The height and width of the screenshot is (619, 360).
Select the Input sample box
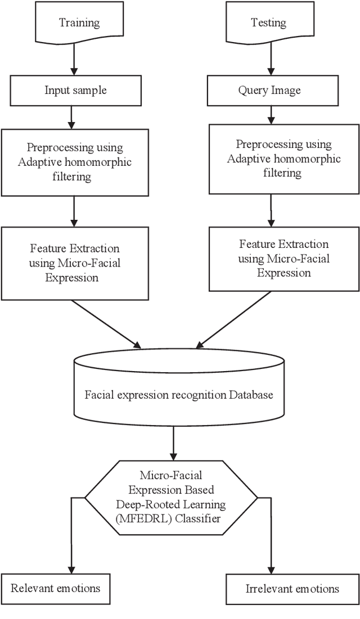coord(75,90)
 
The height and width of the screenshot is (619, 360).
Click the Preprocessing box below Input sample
coord(75,162)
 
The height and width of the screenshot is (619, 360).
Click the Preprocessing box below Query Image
coord(283,159)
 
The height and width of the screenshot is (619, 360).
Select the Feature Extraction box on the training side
coord(75,263)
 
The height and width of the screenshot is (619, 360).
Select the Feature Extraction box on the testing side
coord(283,258)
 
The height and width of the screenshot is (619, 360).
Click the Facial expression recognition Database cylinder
coord(179,395)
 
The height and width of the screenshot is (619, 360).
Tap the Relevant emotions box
coord(55,589)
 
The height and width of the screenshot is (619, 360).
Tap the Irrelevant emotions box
coord(292,589)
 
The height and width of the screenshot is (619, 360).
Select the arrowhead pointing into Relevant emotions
coord(72,569)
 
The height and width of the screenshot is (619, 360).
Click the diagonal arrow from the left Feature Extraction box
coord(107,324)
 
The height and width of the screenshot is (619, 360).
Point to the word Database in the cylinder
coord(250,395)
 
